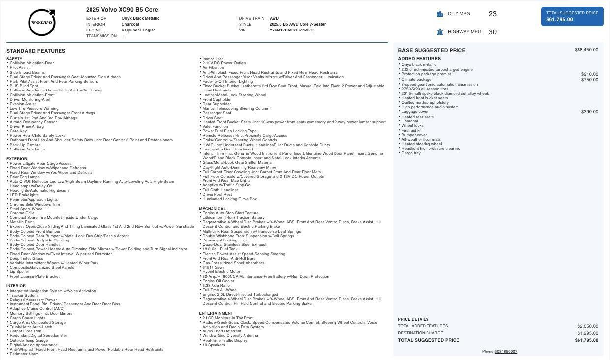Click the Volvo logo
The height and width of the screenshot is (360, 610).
tap(42, 23)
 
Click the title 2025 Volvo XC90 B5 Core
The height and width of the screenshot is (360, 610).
tap(122, 10)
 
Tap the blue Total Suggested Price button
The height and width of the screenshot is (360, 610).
tap(572, 16)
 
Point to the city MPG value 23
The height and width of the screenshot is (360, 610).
tap(492, 14)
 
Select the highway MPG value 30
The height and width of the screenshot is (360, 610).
tap(492, 32)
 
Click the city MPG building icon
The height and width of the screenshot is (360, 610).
tap(440, 14)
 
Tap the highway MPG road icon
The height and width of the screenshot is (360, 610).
tap(440, 32)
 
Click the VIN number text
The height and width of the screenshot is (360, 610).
tap(290, 30)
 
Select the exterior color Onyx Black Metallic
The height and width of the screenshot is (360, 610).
tap(141, 18)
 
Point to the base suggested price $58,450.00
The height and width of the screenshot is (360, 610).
tap(586, 50)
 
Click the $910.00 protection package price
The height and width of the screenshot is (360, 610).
tap(589, 74)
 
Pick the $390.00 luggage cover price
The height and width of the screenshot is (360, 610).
tap(589, 112)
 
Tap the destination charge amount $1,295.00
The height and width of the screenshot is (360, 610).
tap(587, 333)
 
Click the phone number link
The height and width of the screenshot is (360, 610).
tap(506, 352)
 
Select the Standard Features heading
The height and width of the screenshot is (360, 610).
tap(36, 51)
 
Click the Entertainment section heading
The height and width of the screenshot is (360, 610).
tap(216, 313)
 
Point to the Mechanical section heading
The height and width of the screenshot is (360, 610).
tap(213, 209)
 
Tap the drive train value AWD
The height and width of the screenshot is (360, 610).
tap(274, 18)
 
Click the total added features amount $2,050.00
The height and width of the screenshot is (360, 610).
tap(587, 326)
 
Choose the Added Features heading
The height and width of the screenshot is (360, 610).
tap(419, 59)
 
